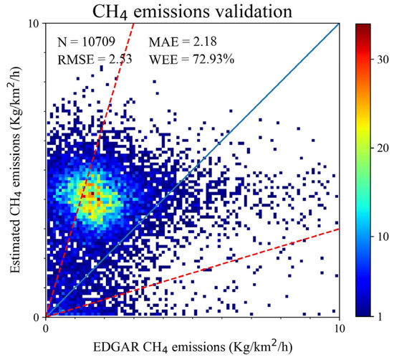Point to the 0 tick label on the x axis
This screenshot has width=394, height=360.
point(47,327)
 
